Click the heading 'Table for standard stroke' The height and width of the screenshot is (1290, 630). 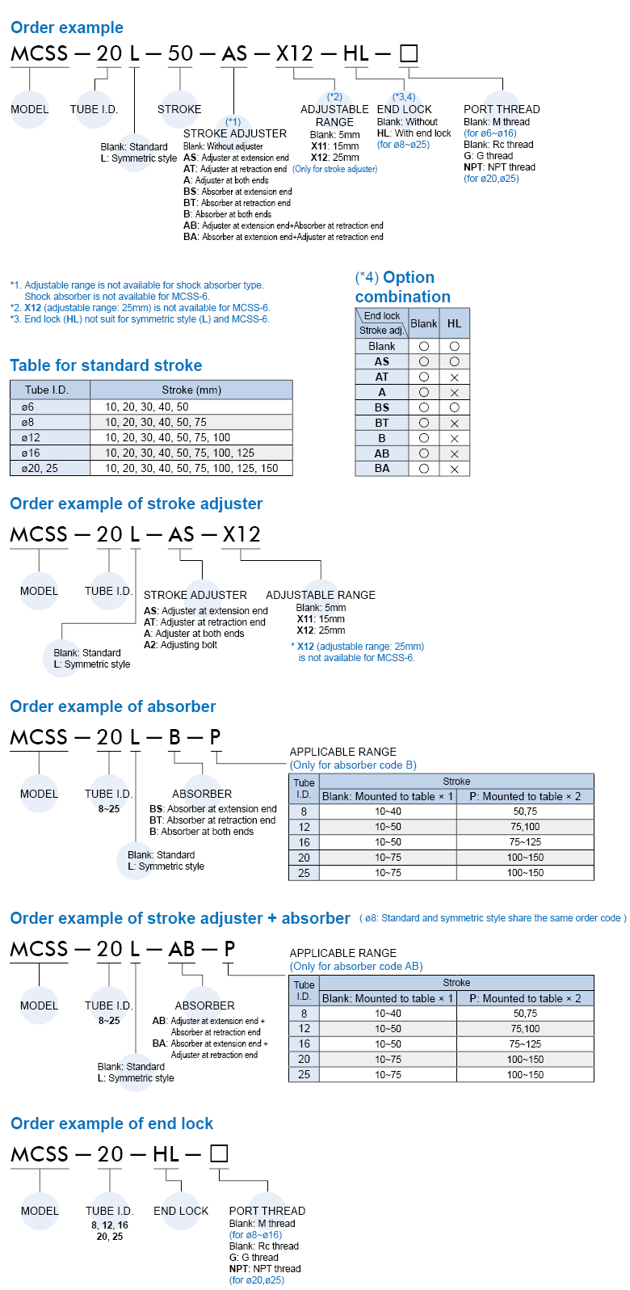pyautogui.click(x=106, y=365)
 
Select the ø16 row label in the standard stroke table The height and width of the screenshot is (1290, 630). pyautogui.click(x=31, y=453)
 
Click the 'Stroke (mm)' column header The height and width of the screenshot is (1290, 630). pyautogui.click(x=191, y=390)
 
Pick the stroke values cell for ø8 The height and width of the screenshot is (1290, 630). pyautogui.click(x=156, y=422)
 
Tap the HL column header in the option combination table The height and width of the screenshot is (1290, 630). pyautogui.click(x=454, y=323)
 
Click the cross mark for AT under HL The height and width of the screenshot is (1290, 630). pyautogui.click(x=454, y=377)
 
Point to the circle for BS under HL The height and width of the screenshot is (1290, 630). pyautogui.click(x=454, y=407)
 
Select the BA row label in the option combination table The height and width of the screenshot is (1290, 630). pyautogui.click(x=382, y=469)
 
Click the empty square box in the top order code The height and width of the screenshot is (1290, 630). pyautogui.click(x=409, y=54)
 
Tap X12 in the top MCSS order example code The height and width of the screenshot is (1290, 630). pyautogui.click(x=294, y=54)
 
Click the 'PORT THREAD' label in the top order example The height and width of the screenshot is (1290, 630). pyautogui.click(x=502, y=109)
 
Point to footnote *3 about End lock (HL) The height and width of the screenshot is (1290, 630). pyautogui.click(x=140, y=319)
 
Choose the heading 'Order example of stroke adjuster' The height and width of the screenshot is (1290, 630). pyautogui.click(x=136, y=504)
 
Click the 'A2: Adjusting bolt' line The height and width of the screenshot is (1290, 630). pyautogui.click(x=180, y=645)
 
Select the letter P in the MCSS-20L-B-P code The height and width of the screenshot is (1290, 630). pyautogui.click(x=216, y=737)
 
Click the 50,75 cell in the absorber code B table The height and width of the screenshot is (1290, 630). pyautogui.click(x=525, y=812)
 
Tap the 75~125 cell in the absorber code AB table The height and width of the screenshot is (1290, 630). pyautogui.click(x=525, y=1044)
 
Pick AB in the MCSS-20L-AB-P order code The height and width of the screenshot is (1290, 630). pyautogui.click(x=182, y=949)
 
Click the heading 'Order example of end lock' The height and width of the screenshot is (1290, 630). pyautogui.click(x=111, y=1123)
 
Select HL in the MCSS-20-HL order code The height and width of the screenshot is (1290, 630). pyautogui.click(x=166, y=1154)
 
